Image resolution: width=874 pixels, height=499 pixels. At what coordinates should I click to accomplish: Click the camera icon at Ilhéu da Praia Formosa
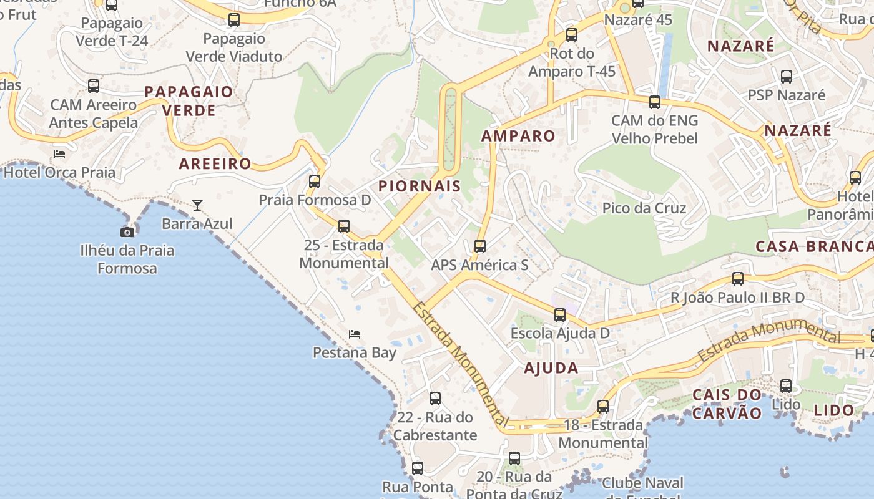point(127,232)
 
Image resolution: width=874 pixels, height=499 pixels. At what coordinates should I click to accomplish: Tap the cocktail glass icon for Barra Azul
point(197,205)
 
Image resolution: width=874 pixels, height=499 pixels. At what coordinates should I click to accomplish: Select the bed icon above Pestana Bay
point(355,334)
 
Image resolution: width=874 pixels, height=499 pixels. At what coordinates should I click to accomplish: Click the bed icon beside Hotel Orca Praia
point(59,154)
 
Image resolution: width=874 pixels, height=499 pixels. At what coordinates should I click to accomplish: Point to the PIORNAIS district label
point(420,186)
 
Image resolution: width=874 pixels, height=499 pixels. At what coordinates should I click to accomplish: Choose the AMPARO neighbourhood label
point(518,136)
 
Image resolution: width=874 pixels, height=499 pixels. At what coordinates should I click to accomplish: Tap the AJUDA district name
point(551,368)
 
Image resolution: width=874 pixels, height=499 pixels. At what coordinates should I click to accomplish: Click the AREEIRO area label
point(215,164)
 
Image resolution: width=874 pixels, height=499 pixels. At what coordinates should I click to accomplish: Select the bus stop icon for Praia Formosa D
point(315,182)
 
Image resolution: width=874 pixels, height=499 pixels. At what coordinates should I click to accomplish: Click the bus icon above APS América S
point(479,246)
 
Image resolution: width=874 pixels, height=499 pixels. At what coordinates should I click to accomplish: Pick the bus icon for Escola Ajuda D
point(560,315)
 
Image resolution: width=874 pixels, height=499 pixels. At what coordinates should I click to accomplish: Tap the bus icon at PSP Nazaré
point(787,77)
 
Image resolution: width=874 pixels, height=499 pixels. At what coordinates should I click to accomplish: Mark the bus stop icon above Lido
point(786,386)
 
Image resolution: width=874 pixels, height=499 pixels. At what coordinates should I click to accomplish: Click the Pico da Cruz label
point(644,208)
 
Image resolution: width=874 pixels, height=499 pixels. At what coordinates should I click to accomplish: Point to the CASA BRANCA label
point(814,246)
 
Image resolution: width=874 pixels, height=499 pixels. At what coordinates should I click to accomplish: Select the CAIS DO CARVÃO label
point(727,404)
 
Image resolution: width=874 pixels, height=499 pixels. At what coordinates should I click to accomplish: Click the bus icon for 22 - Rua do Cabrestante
point(435,399)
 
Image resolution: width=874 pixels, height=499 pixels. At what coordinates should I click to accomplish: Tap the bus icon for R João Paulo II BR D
point(738,279)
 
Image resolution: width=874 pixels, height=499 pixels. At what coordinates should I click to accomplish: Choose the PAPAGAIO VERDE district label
point(189,101)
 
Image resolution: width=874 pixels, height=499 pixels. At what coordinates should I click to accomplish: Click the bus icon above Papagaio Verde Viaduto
point(234,20)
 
